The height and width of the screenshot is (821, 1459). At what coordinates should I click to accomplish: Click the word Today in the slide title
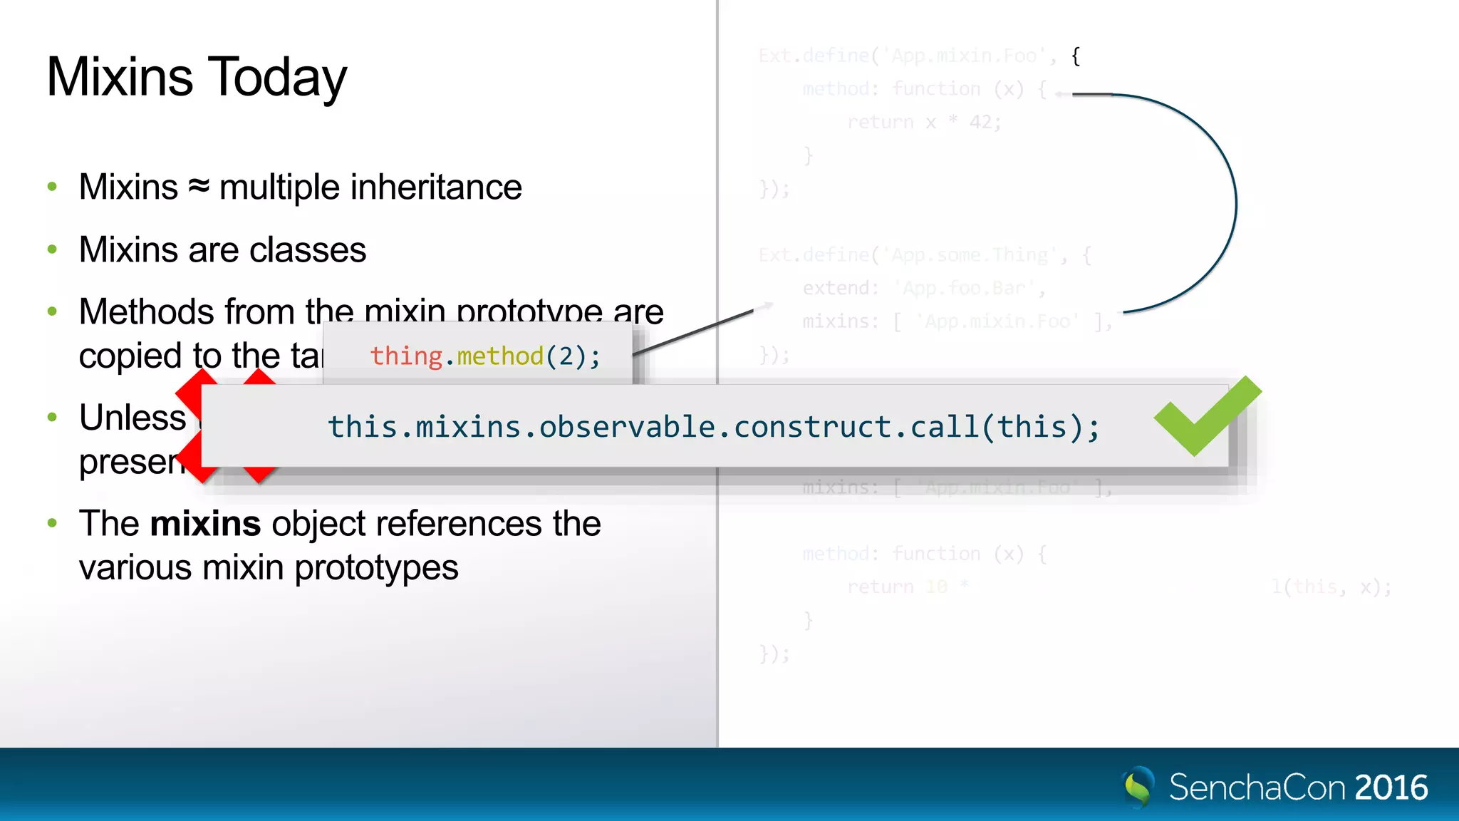coord(276,77)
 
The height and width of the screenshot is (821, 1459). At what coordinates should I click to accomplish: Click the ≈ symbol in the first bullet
coord(199,187)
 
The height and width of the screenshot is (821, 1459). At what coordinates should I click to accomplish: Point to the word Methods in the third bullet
coord(147,311)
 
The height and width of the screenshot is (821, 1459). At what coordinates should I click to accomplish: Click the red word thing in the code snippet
coord(406,356)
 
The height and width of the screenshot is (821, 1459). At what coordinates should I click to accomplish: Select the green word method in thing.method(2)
coord(500,356)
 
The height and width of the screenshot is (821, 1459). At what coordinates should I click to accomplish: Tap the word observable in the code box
coord(627,427)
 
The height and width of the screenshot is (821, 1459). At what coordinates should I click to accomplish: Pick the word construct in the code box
coord(812,427)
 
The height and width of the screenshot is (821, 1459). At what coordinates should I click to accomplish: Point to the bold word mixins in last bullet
coord(205,524)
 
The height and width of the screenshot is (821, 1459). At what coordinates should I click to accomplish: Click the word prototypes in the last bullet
coord(376,568)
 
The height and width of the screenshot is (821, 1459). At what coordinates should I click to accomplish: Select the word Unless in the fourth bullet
coord(133,418)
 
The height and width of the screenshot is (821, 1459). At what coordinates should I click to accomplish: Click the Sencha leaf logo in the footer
coord(1138,786)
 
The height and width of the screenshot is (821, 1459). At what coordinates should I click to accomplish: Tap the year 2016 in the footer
coord(1391,788)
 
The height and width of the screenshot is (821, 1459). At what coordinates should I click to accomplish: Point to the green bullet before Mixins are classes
coord(52,249)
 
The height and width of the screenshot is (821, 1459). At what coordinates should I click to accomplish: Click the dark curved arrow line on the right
coord(1235,203)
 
